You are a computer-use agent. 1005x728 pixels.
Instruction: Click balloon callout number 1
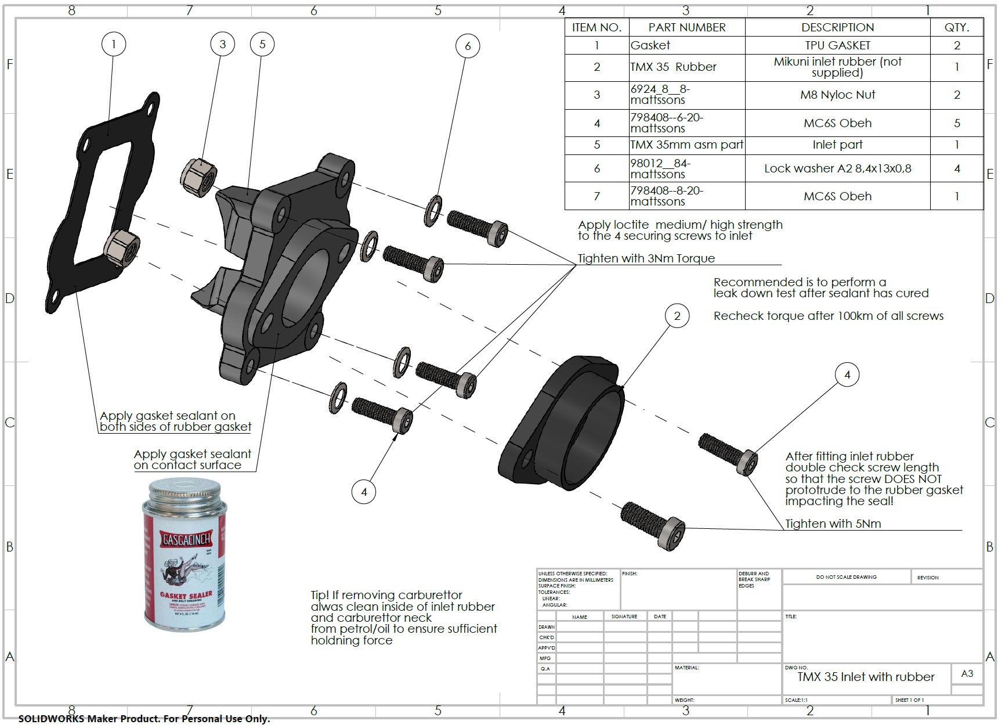114,44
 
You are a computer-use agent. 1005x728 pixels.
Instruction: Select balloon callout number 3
222,44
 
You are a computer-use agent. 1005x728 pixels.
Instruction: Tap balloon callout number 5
262,44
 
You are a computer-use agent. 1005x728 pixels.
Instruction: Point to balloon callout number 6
468,46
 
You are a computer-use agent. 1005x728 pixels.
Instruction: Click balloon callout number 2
677,316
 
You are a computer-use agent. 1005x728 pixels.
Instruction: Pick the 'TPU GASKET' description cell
837,45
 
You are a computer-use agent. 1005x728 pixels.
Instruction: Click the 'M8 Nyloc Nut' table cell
837,95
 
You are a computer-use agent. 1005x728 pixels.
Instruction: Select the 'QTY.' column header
956,27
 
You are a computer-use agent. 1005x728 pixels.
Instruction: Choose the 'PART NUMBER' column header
686,27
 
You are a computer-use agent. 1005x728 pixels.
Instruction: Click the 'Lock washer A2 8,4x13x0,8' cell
837,168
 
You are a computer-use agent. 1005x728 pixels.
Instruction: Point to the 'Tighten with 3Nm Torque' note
646,258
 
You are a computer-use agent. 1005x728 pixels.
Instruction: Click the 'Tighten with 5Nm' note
833,524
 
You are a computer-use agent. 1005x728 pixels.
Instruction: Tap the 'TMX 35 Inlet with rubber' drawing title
865,677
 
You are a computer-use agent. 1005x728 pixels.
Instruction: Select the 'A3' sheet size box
967,674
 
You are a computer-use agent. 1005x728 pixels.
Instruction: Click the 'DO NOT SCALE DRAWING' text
846,577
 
